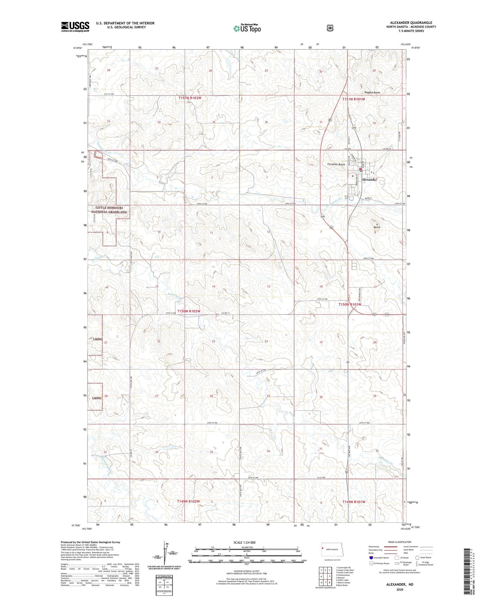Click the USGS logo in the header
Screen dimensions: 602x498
pyautogui.click(x=75, y=27)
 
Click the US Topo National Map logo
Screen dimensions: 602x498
pyautogui.click(x=246, y=28)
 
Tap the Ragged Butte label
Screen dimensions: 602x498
pyautogui.click(x=372, y=93)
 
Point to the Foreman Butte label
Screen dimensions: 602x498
pyautogui.click(x=336, y=164)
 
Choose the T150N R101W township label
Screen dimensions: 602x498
pyautogui.click(x=350, y=304)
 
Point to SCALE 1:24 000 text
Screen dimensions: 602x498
pyautogui.click(x=244, y=543)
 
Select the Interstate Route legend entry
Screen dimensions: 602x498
pyautogui.click(x=379, y=558)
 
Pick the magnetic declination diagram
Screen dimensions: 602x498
pyautogui.click(x=164, y=554)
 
